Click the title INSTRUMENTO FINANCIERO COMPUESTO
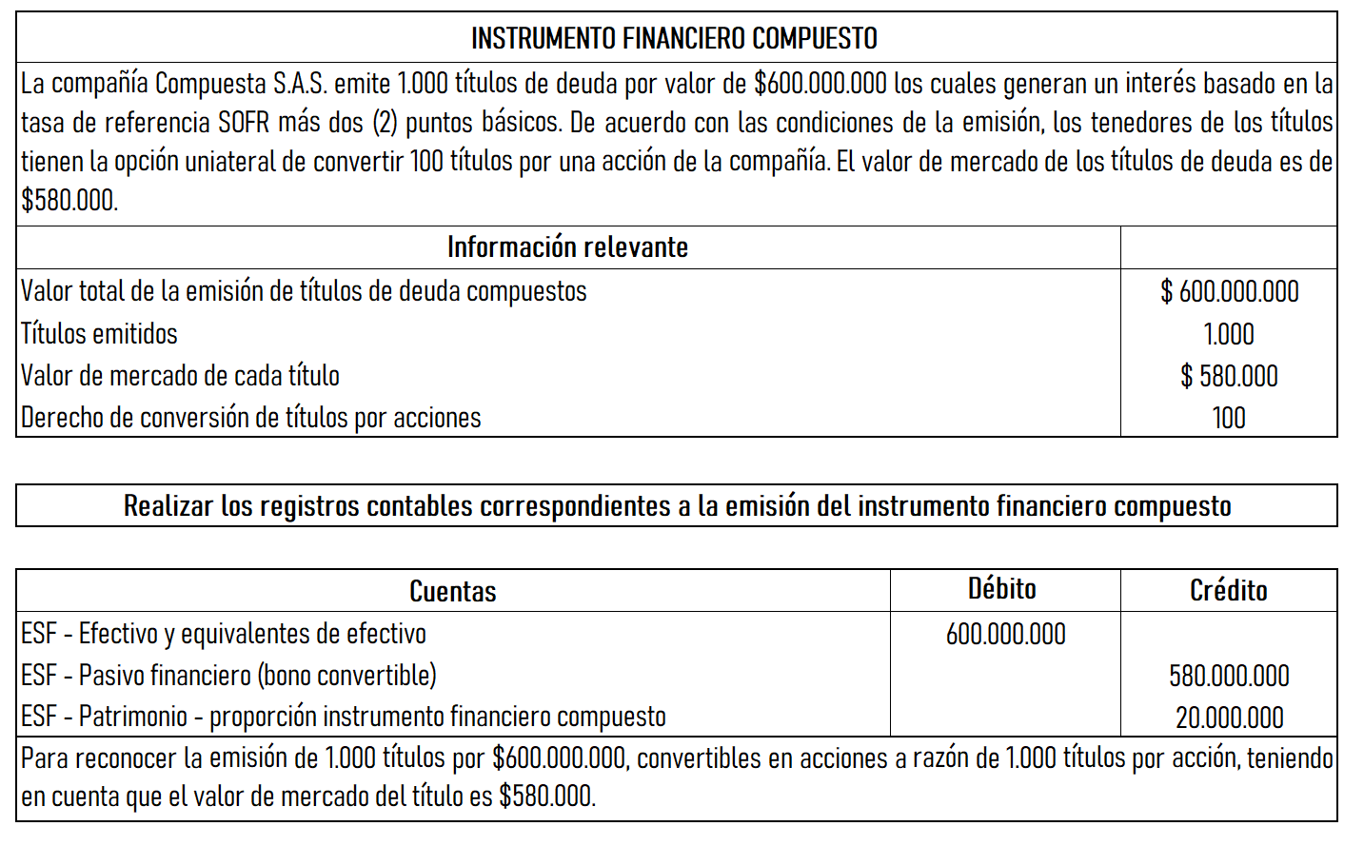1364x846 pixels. [674, 38]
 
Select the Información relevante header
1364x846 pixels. [567, 247]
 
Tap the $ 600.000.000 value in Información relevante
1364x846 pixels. [1229, 291]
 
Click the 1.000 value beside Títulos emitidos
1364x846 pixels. [1229, 334]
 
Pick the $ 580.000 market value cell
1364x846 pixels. [1229, 376]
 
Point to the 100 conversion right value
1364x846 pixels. [1229, 418]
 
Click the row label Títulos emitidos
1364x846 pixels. [99, 334]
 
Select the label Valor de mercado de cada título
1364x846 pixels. [180, 376]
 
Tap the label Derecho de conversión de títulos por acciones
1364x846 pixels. [251, 418]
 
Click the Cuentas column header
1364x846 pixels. [453, 591]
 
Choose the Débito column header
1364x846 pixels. [1002, 589]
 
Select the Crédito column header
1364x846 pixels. [1229, 591]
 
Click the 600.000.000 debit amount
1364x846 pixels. [1006, 634]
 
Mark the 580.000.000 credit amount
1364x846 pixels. [1229, 676]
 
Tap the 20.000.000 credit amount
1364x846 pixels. [1229, 718]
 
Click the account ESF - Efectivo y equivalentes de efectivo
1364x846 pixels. [224, 634]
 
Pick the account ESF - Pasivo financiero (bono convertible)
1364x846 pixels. [228, 676]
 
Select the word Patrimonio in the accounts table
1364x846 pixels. [132, 717]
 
